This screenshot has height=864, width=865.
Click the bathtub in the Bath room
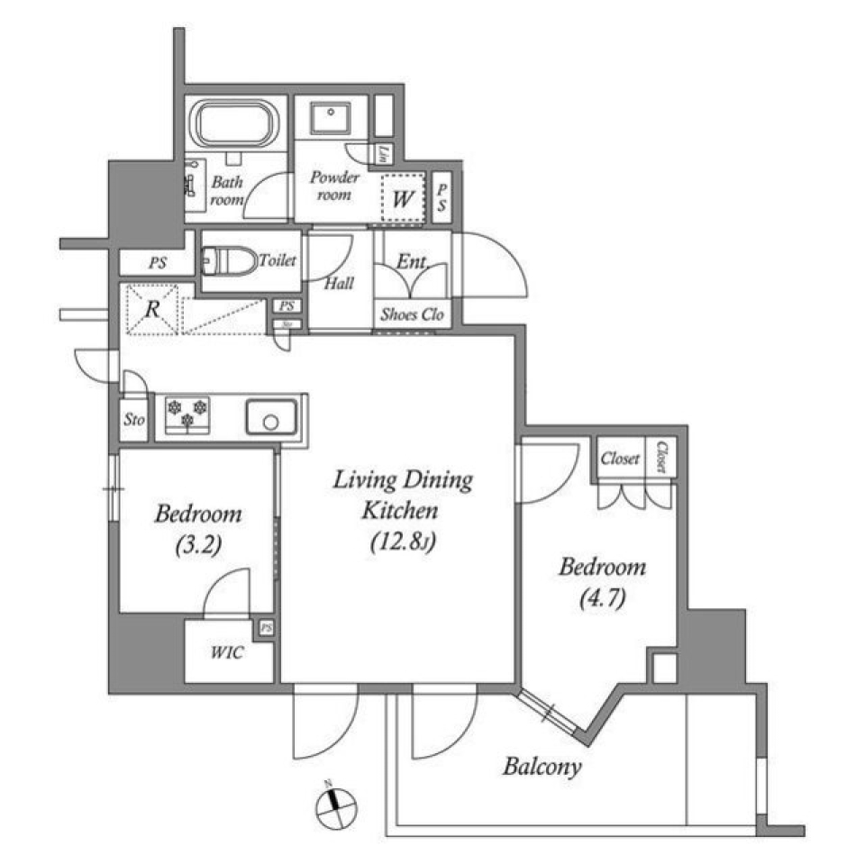(236, 124)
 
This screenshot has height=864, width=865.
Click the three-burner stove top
(187, 414)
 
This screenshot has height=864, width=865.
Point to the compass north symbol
(337, 804)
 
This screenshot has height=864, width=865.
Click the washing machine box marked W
(402, 198)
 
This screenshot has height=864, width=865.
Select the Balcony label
(542, 768)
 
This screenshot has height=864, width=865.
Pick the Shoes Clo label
(411, 315)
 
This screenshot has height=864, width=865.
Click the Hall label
(339, 283)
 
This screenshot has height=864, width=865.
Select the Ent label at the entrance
(411, 262)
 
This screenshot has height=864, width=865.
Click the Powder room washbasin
(332, 119)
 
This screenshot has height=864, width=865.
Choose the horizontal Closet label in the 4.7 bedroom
(620, 459)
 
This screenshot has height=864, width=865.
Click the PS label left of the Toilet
(158, 264)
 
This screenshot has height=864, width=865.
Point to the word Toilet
(278, 261)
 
